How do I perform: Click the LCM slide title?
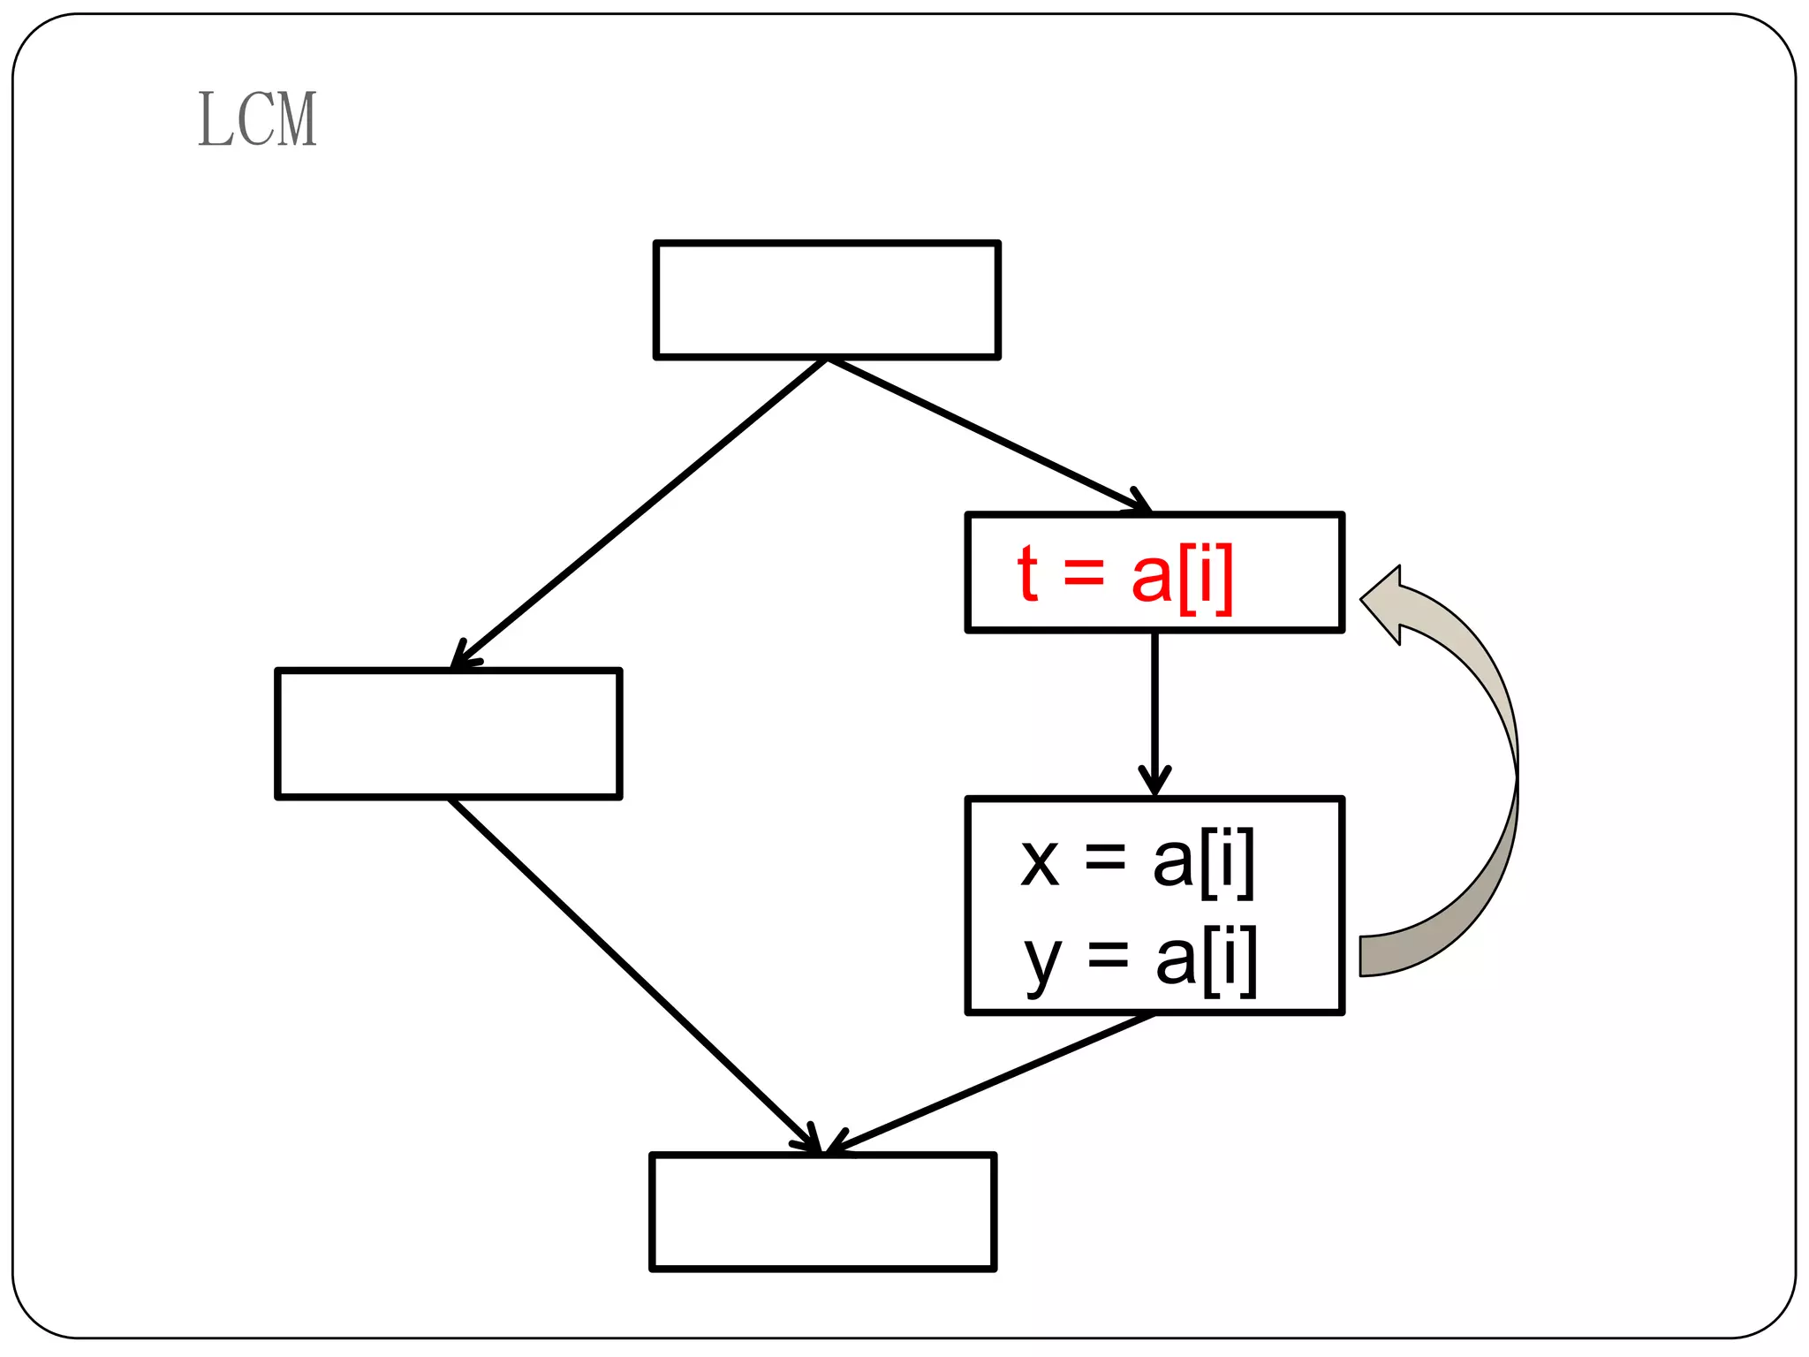pos(257,119)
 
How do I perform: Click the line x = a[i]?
pos(1137,860)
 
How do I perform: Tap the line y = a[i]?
pos(1139,959)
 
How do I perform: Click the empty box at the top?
pos(826,299)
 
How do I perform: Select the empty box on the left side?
pos(449,733)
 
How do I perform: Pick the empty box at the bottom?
pos(822,1211)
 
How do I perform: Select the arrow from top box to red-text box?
pos(989,436)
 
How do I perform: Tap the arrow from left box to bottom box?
pos(632,972)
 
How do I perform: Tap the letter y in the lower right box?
pos(1042,963)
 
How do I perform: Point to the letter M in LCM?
pos(296,119)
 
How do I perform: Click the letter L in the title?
pos(213,119)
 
